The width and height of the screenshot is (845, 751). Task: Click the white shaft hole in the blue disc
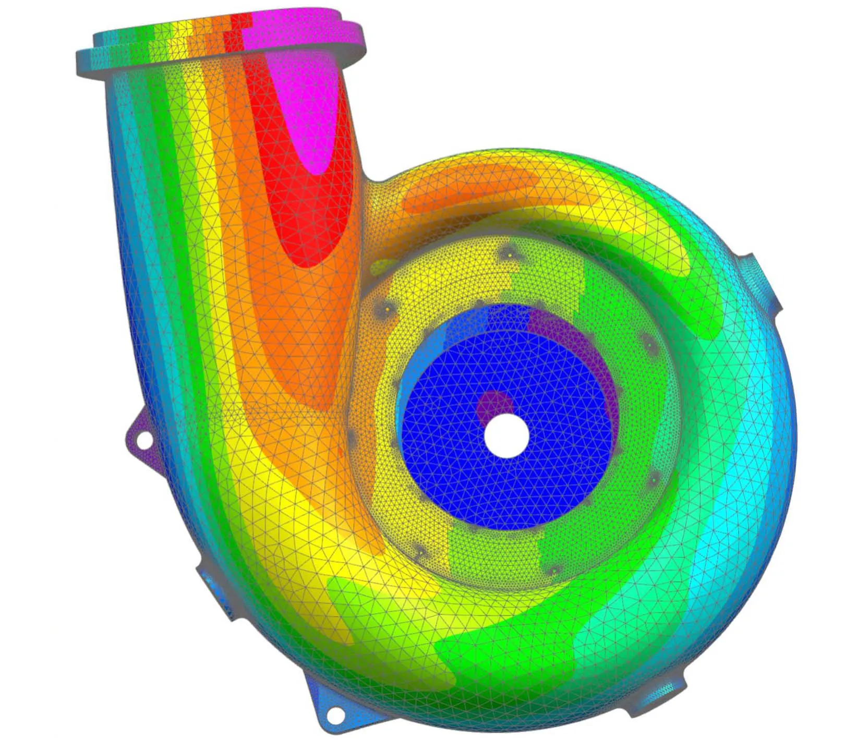(x=506, y=435)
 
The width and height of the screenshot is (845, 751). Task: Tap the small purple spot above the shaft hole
(x=494, y=404)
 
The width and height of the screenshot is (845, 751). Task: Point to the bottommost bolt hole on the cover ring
(x=554, y=570)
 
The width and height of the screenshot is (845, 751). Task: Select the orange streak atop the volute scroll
(x=469, y=193)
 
